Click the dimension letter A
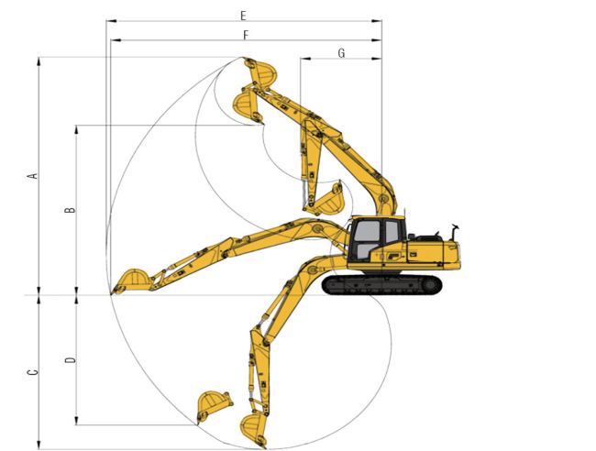pyautogui.click(x=33, y=176)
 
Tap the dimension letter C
pyautogui.click(x=33, y=372)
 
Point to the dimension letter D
pyautogui.click(x=71, y=360)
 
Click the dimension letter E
pyautogui.click(x=243, y=16)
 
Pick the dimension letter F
pyautogui.click(x=246, y=36)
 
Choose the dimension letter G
pyautogui.click(x=341, y=53)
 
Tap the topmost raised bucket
pyautogui.click(x=260, y=72)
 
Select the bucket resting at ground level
pyautogui.click(x=131, y=280)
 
